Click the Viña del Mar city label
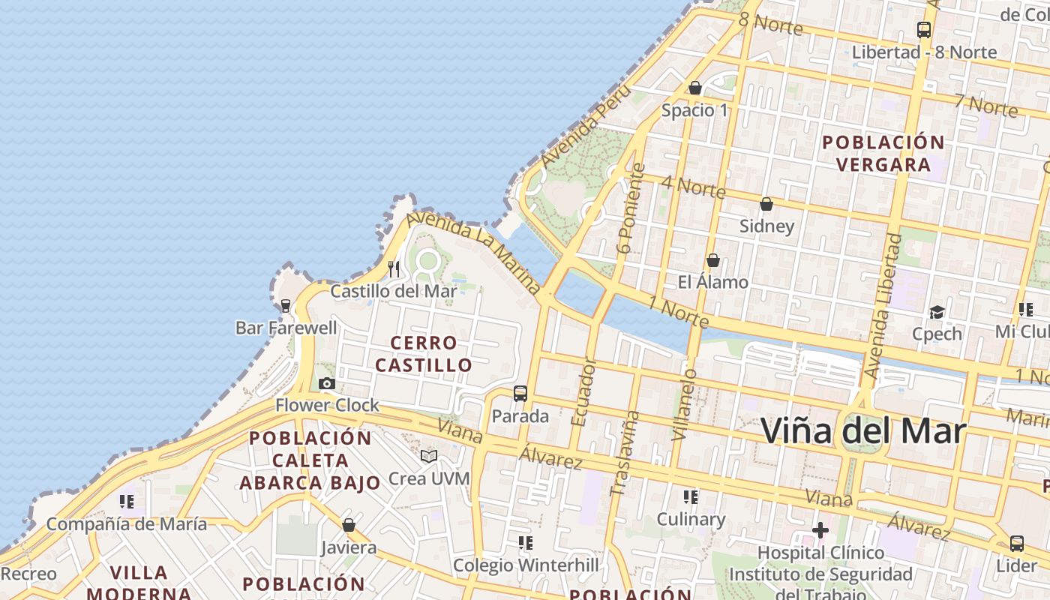[863, 430]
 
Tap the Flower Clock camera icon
[326, 384]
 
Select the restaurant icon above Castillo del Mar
[394, 268]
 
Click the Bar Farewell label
[286, 328]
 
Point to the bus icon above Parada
[520, 393]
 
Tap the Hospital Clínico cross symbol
[820, 531]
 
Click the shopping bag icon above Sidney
[766, 204]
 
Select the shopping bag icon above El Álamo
[713, 260]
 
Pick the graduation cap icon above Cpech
[937, 312]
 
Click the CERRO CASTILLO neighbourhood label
[424, 354]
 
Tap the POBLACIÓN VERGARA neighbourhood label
[883, 153]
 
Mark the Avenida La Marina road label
[474, 251]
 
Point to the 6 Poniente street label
[630, 208]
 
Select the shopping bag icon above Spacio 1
[694, 88]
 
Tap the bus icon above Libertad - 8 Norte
[924, 30]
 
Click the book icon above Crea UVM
[429, 456]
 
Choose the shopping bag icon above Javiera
[348, 525]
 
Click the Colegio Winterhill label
[526, 565]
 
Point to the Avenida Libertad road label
[883, 306]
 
